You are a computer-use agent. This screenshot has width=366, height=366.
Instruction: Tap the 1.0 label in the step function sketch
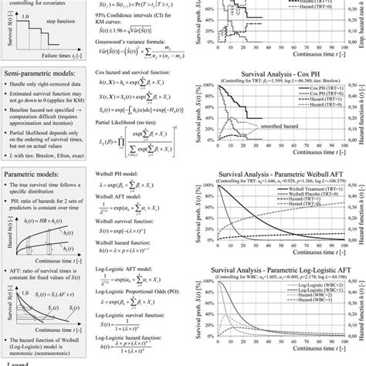(28, 15)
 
